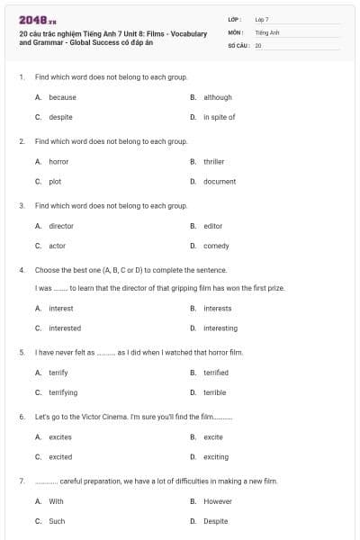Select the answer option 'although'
(217, 97)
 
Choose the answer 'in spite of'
(219, 117)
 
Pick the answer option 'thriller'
(213, 162)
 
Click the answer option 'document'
(220, 182)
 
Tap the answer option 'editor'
(212, 226)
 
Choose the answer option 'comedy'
(216, 246)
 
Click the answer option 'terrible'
(214, 392)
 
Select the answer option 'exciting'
(216, 457)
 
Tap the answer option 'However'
(218, 501)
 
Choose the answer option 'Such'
(57, 521)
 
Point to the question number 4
(21, 270)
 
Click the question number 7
(21, 481)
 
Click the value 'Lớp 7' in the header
(262, 19)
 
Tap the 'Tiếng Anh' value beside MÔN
(267, 31)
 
